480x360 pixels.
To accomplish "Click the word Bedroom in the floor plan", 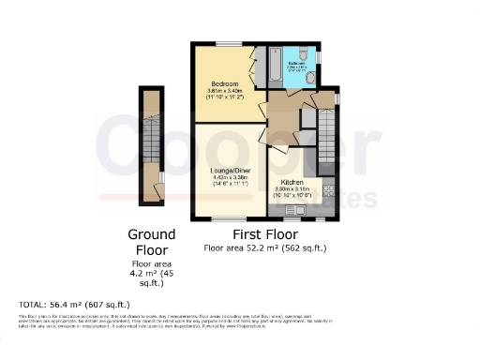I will click(x=222, y=84).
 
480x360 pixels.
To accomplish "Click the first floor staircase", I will click(x=327, y=135).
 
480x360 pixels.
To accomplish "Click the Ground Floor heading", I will click(x=150, y=242).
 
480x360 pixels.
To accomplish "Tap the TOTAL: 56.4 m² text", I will click(x=75, y=305).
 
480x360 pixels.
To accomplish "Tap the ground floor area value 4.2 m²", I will click(x=150, y=273).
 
